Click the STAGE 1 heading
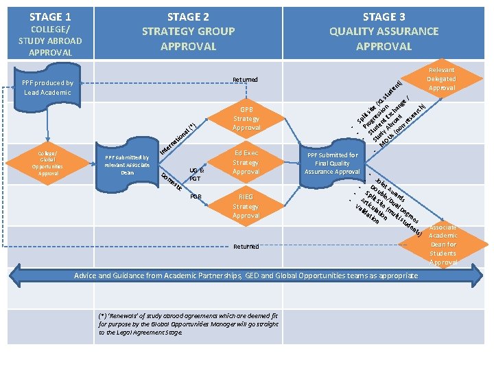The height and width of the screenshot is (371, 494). [50, 16]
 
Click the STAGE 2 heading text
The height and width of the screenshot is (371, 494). [188, 16]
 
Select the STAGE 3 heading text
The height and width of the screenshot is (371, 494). [384, 16]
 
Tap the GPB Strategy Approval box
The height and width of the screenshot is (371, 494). [246, 118]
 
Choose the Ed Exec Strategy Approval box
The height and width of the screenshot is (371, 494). [246, 162]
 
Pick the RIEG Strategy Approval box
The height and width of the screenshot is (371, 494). [246, 206]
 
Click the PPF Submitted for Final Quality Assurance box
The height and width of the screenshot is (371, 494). [333, 164]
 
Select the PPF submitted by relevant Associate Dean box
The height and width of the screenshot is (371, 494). [127, 165]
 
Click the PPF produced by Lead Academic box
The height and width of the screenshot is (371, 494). [47, 87]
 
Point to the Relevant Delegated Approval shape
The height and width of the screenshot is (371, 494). [441, 79]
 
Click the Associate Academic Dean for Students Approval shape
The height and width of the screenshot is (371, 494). [443, 245]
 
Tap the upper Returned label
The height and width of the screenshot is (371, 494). [245, 80]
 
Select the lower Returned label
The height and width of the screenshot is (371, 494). [246, 246]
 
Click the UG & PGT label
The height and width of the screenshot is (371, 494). [195, 175]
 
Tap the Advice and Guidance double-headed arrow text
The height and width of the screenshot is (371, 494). [246, 276]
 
